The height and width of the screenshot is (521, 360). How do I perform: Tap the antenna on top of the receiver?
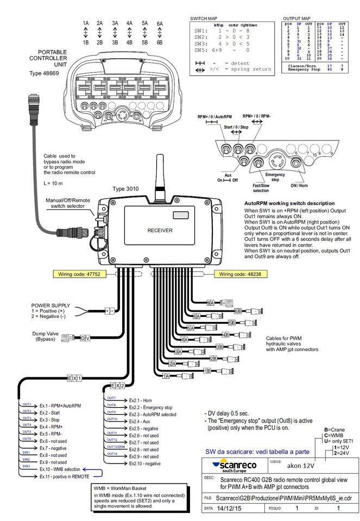tap(161, 170)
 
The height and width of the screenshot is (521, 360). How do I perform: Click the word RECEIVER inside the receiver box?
tap(160, 231)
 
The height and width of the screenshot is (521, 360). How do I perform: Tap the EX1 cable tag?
tap(74, 378)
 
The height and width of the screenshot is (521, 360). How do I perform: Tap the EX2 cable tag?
tap(118, 385)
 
